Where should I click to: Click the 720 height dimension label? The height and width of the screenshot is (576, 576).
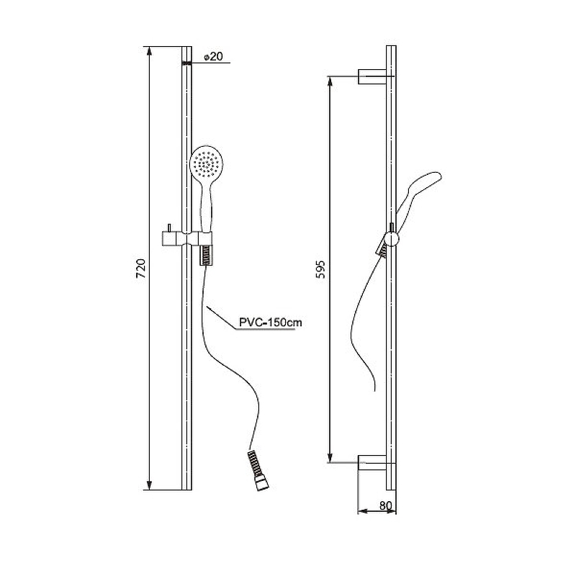click(141, 269)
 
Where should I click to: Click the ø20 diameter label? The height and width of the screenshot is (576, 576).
click(213, 57)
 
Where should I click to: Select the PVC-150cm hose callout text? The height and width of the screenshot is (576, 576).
click(271, 323)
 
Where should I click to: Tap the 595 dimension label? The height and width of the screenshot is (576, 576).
click(320, 269)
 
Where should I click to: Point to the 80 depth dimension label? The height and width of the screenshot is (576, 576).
click(386, 505)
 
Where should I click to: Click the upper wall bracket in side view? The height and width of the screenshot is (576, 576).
click(372, 76)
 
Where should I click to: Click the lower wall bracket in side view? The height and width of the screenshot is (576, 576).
click(372, 462)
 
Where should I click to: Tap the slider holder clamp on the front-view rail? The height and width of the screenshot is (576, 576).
click(187, 238)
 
